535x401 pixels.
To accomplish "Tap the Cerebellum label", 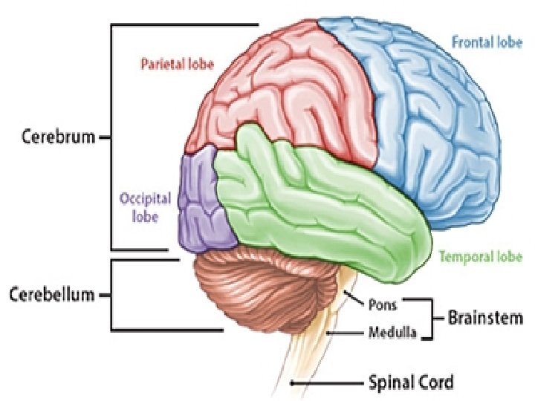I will tap(52, 295).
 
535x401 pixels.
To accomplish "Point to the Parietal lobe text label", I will tap(177, 64).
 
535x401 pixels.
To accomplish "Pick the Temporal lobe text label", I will tap(481, 257).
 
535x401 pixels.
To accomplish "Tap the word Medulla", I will tap(391, 333).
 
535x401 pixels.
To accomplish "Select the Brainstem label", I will tap(485, 318).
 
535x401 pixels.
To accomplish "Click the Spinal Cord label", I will tap(411, 383).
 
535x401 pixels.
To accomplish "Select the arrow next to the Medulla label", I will tap(345, 333).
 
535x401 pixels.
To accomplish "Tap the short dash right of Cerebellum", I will tap(105, 295).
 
